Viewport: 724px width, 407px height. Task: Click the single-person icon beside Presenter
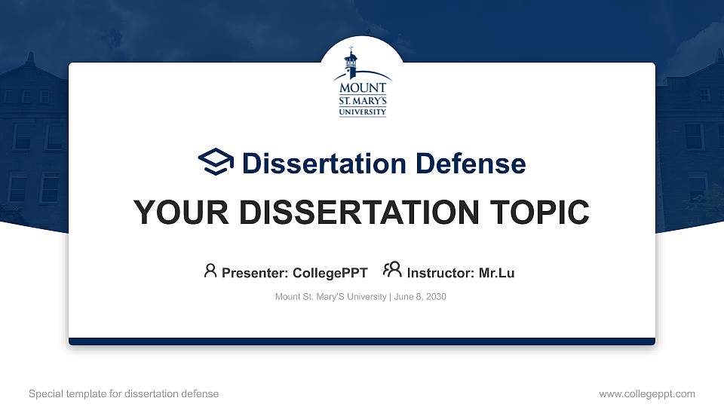(x=210, y=271)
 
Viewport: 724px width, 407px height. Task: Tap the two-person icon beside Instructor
(x=392, y=271)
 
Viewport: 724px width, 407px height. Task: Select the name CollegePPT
(x=330, y=273)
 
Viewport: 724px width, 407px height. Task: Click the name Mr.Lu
(x=496, y=273)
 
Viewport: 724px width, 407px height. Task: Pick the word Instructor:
(x=440, y=273)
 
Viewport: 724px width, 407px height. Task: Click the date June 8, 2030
(x=420, y=297)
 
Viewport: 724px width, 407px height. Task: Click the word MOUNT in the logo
(x=363, y=87)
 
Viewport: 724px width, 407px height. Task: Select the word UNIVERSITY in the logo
(x=363, y=112)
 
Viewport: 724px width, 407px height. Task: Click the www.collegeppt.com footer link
(x=647, y=393)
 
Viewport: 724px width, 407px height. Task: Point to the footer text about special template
(x=124, y=393)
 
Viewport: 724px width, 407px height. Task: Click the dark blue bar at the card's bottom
(x=362, y=341)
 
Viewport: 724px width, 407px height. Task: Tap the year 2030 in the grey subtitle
(x=435, y=297)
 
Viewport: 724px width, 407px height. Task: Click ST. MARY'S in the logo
(x=363, y=99)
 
